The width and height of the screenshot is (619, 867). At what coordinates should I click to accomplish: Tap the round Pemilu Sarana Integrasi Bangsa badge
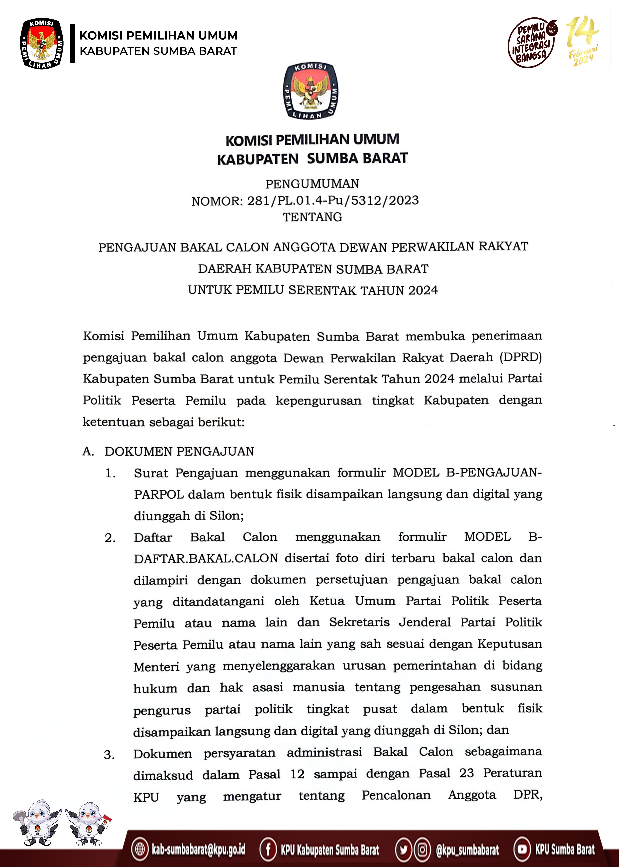click(531, 42)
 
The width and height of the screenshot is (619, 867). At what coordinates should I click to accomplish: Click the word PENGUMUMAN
click(312, 184)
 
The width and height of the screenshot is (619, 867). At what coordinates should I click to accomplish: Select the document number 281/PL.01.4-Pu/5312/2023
click(333, 200)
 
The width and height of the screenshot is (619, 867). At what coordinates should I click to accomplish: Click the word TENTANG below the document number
click(312, 217)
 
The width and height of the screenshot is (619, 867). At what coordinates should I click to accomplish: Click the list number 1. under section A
click(110, 473)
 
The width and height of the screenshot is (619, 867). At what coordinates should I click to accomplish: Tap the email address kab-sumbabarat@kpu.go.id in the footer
click(198, 849)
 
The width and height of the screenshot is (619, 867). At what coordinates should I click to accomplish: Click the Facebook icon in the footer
click(268, 849)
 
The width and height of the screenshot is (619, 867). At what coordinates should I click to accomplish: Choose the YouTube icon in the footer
click(522, 849)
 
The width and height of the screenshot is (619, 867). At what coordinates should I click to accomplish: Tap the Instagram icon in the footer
click(422, 849)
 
